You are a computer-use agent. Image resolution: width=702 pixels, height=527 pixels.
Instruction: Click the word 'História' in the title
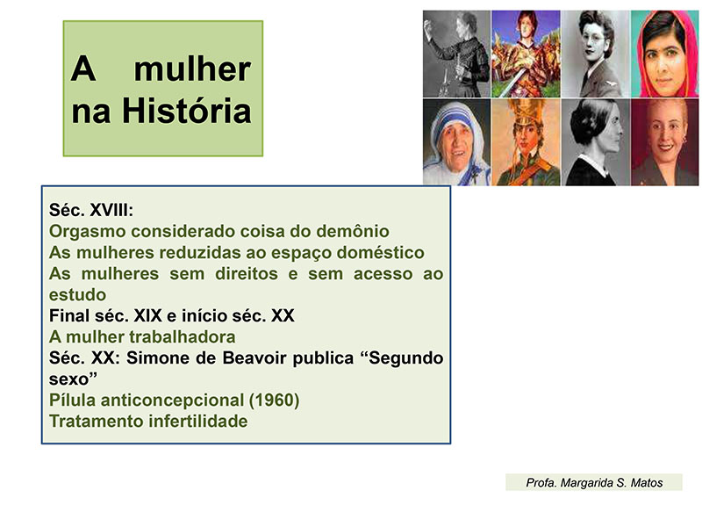(187, 111)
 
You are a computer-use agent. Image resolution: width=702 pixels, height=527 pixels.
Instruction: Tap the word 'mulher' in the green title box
(192, 69)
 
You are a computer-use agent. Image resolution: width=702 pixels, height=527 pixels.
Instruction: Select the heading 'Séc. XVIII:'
(91, 210)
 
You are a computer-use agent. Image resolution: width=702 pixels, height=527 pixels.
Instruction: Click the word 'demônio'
(353, 231)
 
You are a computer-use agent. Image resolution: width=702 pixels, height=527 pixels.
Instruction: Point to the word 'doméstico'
(381, 252)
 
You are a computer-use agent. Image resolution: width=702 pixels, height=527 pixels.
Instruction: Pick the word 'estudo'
(78, 295)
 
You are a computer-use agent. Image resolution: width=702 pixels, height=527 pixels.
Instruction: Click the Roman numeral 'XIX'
(148, 316)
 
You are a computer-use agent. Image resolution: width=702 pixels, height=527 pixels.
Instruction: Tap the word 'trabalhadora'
(183, 337)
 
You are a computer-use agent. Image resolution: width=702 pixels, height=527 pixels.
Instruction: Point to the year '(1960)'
(274, 401)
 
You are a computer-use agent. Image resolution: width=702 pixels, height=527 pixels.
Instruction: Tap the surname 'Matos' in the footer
(647, 482)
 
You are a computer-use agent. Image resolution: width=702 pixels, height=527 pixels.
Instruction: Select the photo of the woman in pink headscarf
(664, 54)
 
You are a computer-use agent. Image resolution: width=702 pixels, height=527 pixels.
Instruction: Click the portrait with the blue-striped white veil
(456, 142)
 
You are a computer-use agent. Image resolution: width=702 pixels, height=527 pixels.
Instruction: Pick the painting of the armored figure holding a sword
(526, 54)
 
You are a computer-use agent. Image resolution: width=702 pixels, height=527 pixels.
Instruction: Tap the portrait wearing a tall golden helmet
(526, 142)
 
